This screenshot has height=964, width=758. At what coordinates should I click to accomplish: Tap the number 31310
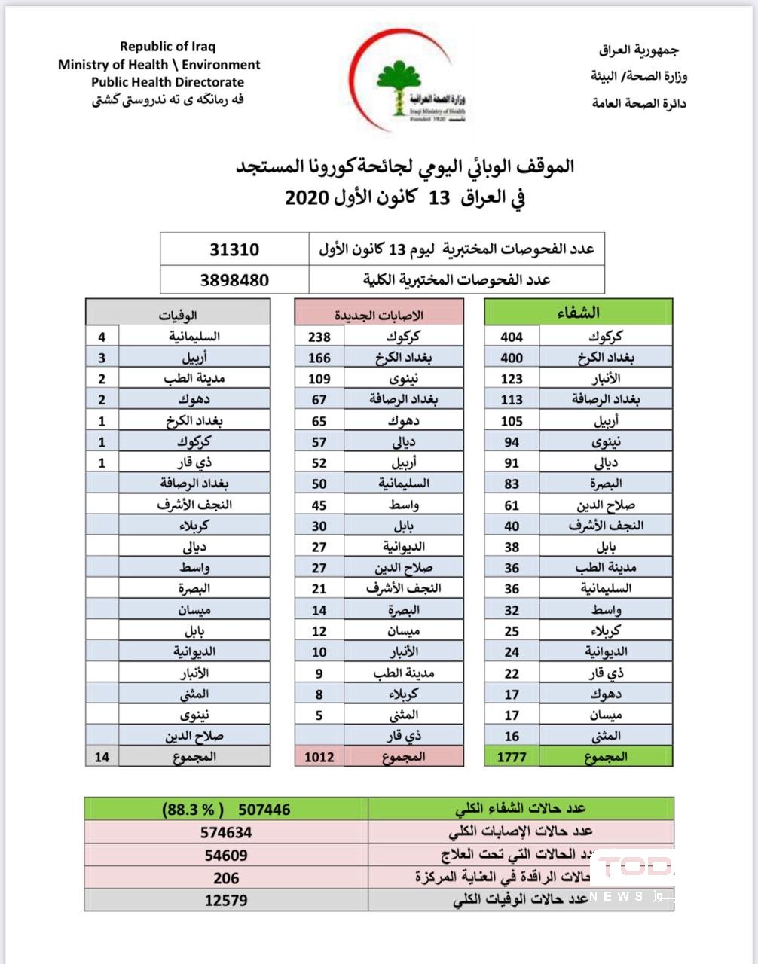click(234, 249)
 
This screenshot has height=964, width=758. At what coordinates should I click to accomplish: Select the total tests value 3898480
click(234, 280)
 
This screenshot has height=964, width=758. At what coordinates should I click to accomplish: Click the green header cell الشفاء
click(578, 312)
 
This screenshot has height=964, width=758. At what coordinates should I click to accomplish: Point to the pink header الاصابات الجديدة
click(378, 314)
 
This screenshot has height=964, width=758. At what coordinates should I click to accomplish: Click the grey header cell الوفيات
click(178, 314)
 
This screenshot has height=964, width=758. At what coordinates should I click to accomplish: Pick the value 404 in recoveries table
click(512, 337)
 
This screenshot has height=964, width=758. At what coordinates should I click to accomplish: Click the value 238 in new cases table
click(319, 337)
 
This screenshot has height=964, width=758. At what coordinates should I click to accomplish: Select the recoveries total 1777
click(512, 756)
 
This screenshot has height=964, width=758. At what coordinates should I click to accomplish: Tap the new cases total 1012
click(319, 756)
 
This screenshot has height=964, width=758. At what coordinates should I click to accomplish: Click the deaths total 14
click(102, 756)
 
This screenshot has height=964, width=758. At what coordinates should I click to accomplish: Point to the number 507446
click(264, 810)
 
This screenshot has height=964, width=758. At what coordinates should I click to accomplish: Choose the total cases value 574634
click(226, 832)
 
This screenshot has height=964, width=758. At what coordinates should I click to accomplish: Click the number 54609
click(226, 855)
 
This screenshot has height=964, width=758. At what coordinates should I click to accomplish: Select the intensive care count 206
click(226, 877)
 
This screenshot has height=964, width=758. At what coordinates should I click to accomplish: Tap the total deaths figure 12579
click(226, 900)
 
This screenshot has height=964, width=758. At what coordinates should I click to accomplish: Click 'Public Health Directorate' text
click(168, 82)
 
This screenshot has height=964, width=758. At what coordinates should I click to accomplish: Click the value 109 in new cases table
click(319, 379)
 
